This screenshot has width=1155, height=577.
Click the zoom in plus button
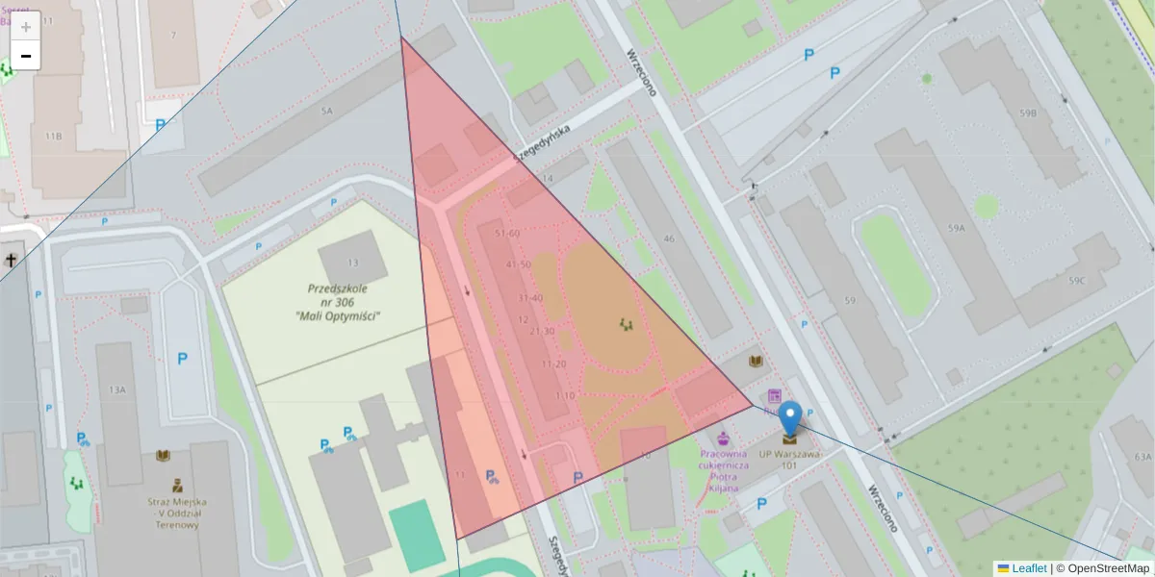click(26, 27)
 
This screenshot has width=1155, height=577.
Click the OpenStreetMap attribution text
click(1109, 568)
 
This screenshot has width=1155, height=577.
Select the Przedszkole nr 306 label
click(339, 301)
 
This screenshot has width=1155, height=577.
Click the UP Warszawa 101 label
click(789, 459)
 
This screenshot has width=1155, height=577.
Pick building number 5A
click(326, 112)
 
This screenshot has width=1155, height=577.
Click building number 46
click(668, 238)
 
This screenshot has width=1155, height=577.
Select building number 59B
click(1028, 113)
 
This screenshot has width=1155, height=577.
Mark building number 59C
click(1074, 281)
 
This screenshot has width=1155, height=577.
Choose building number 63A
click(1142, 457)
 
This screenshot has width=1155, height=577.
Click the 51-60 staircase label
click(505, 234)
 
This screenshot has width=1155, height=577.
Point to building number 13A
click(117, 389)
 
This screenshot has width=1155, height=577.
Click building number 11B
click(53, 137)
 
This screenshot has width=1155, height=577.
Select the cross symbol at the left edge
click(12, 260)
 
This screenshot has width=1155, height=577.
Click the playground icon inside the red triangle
click(627, 324)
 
